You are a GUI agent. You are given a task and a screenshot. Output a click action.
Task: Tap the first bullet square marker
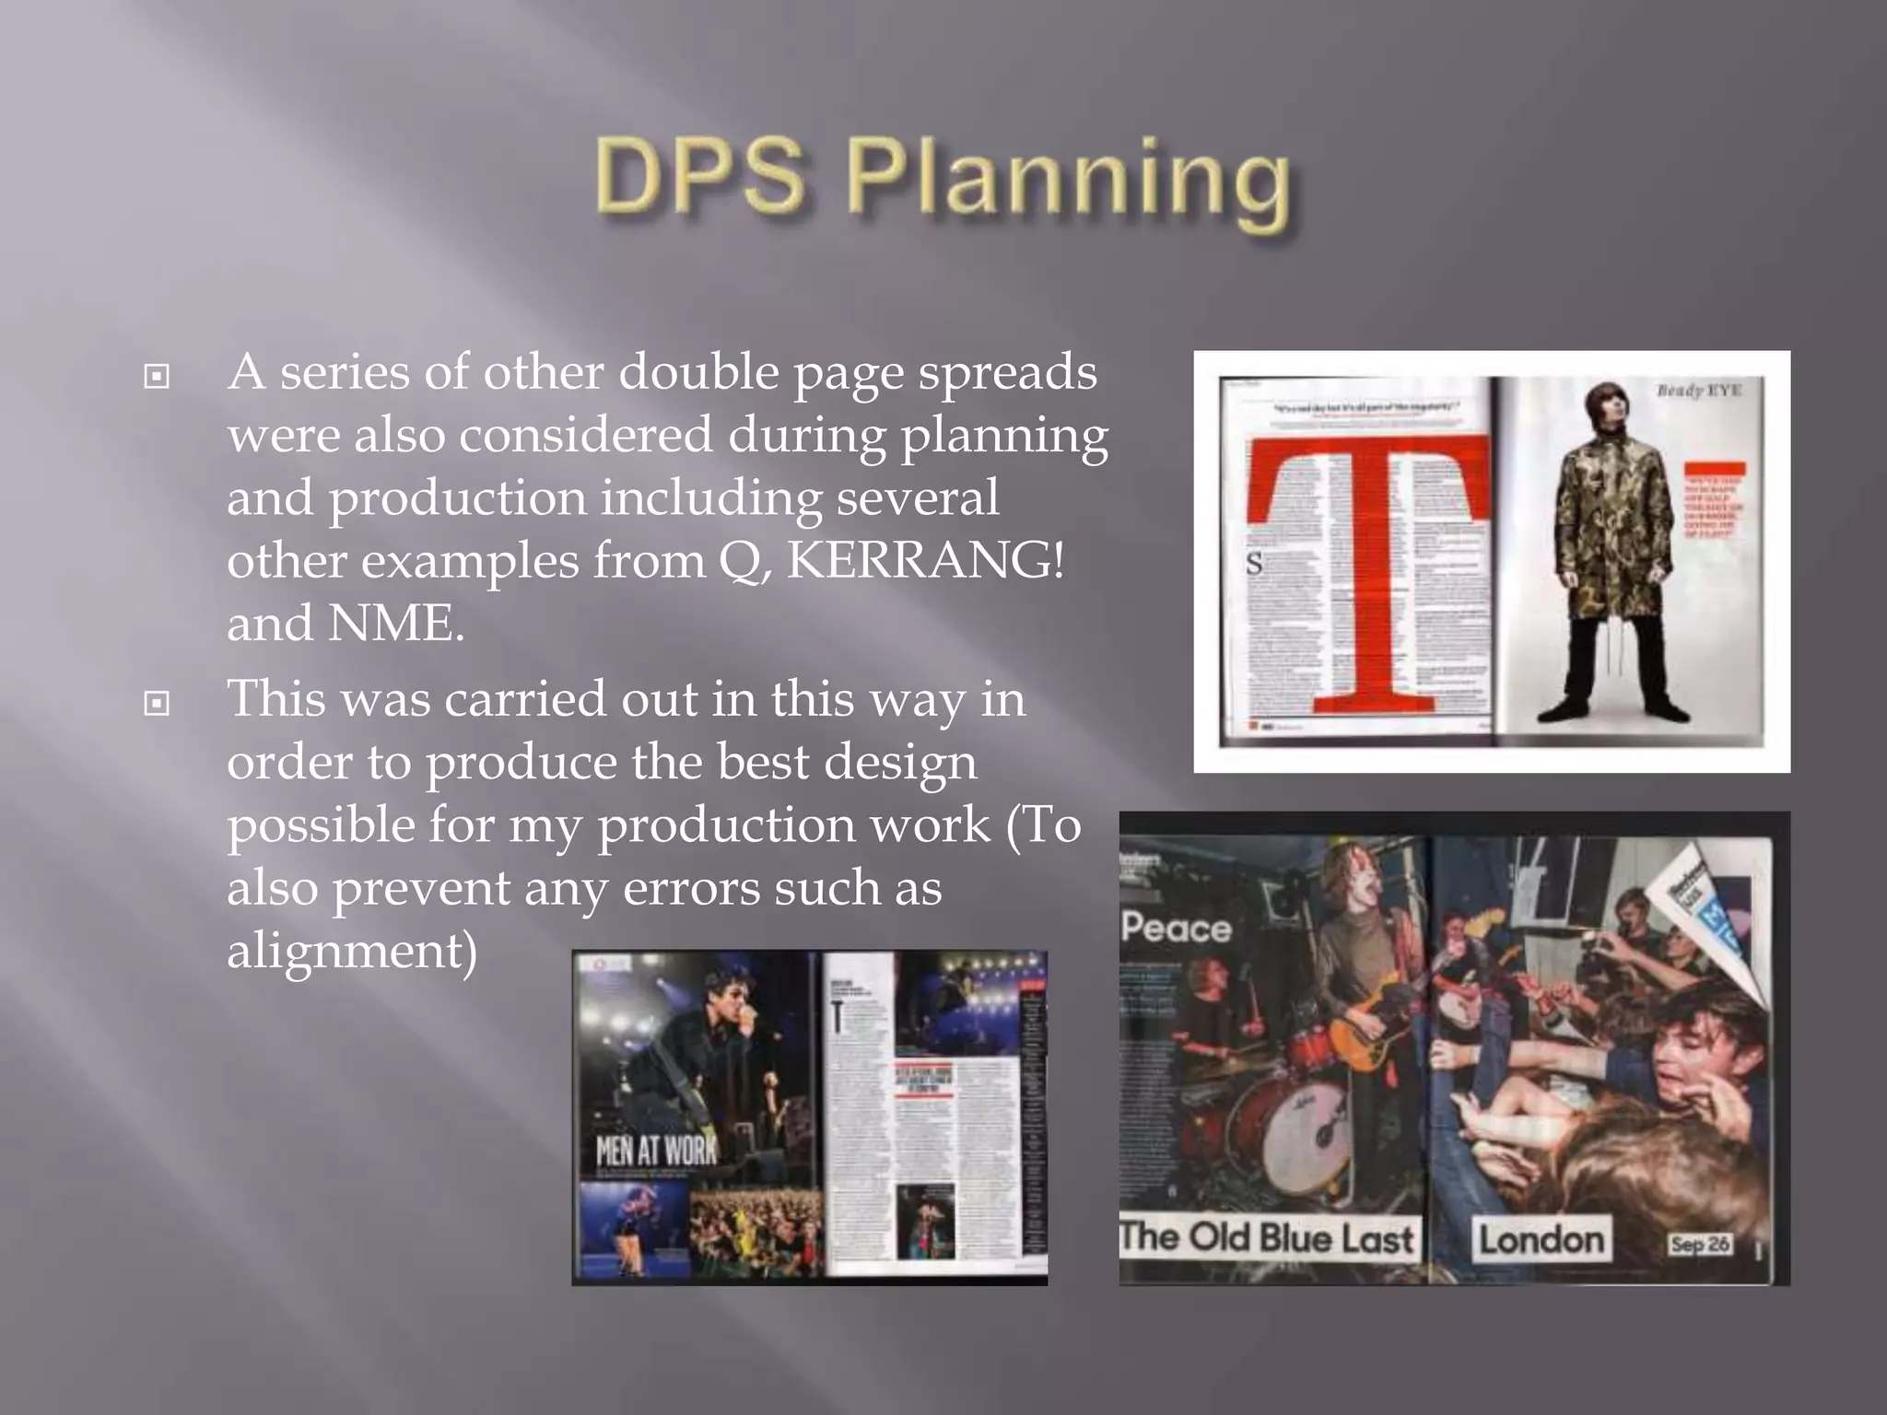[158, 376]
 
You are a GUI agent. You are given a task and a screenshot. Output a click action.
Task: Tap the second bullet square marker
[158, 703]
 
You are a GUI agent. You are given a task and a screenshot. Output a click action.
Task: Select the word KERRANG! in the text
[925, 560]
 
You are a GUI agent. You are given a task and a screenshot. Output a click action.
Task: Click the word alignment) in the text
[352, 951]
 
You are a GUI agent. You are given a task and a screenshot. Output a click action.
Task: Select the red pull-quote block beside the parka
[1715, 502]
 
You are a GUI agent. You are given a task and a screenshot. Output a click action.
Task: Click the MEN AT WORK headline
[656, 1151]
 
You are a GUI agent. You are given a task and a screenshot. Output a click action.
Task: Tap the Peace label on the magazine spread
[1177, 928]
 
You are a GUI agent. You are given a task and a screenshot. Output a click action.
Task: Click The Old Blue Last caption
[1267, 1237]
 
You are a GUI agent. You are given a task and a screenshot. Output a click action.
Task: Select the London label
[1541, 1240]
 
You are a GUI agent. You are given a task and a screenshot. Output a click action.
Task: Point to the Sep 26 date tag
[1700, 1245]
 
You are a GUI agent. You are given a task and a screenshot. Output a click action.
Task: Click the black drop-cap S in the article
[1254, 563]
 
